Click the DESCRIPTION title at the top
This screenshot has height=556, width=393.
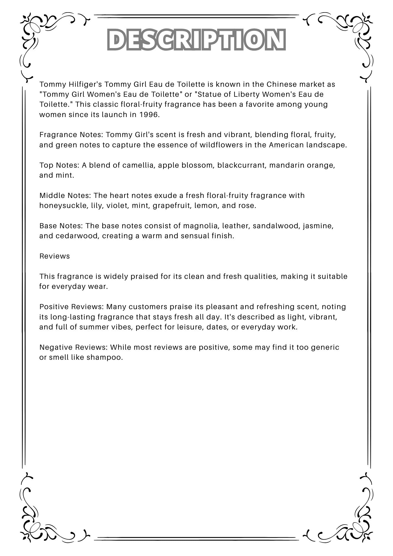point(196,39)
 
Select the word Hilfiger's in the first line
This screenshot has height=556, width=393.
point(85,84)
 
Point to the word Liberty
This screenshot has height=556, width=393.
point(246,94)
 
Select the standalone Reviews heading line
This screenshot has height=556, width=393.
point(54,256)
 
